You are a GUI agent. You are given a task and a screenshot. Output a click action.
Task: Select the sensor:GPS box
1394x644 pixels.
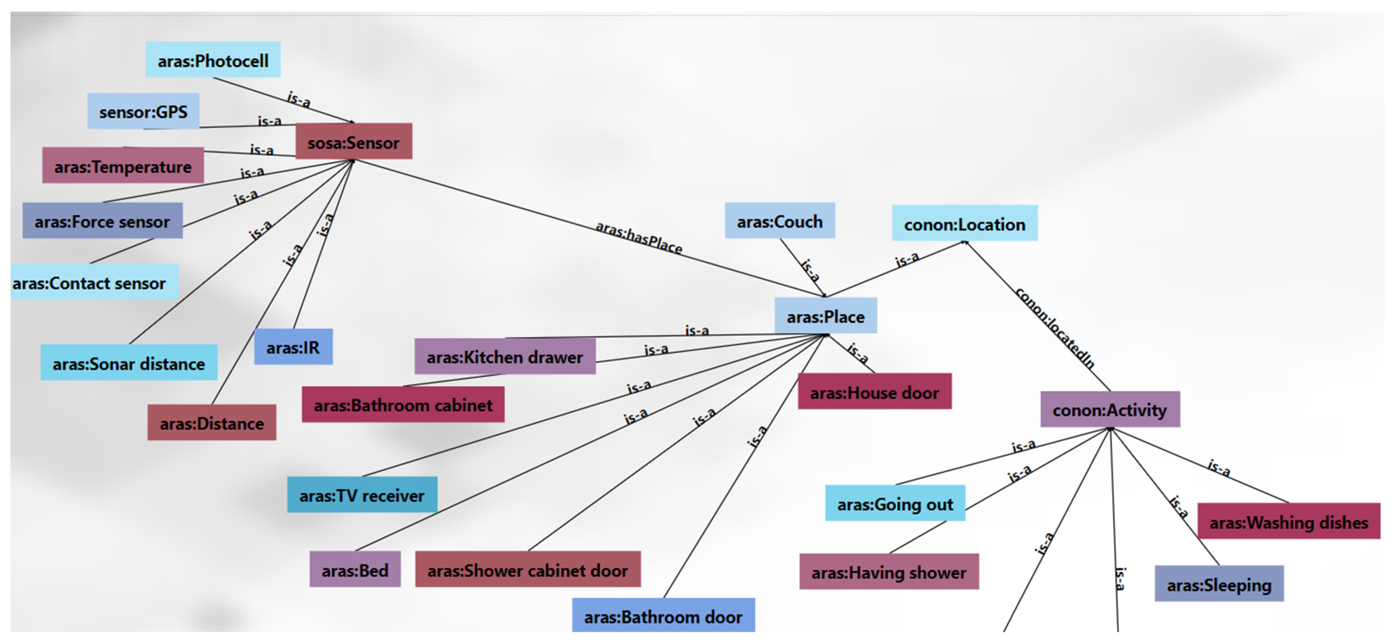pyautogui.click(x=143, y=111)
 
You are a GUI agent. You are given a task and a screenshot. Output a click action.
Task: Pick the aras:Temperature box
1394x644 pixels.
pyautogui.click(x=123, y=166)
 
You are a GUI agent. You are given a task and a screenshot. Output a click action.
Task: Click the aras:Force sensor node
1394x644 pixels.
pyautogui.click(x=102, y=221)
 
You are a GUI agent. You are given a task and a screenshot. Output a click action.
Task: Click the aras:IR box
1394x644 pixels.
pyautogui.click(x=293, y=346)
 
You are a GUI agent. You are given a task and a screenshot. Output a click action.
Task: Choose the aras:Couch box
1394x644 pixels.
pyautogui.click(x=779, y=221)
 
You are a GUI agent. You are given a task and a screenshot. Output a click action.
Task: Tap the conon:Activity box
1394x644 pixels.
pyautogui.click(x=1109, y=410)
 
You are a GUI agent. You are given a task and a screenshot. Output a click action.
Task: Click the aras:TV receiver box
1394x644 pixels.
pyautogui.click(x=361, y=494)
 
